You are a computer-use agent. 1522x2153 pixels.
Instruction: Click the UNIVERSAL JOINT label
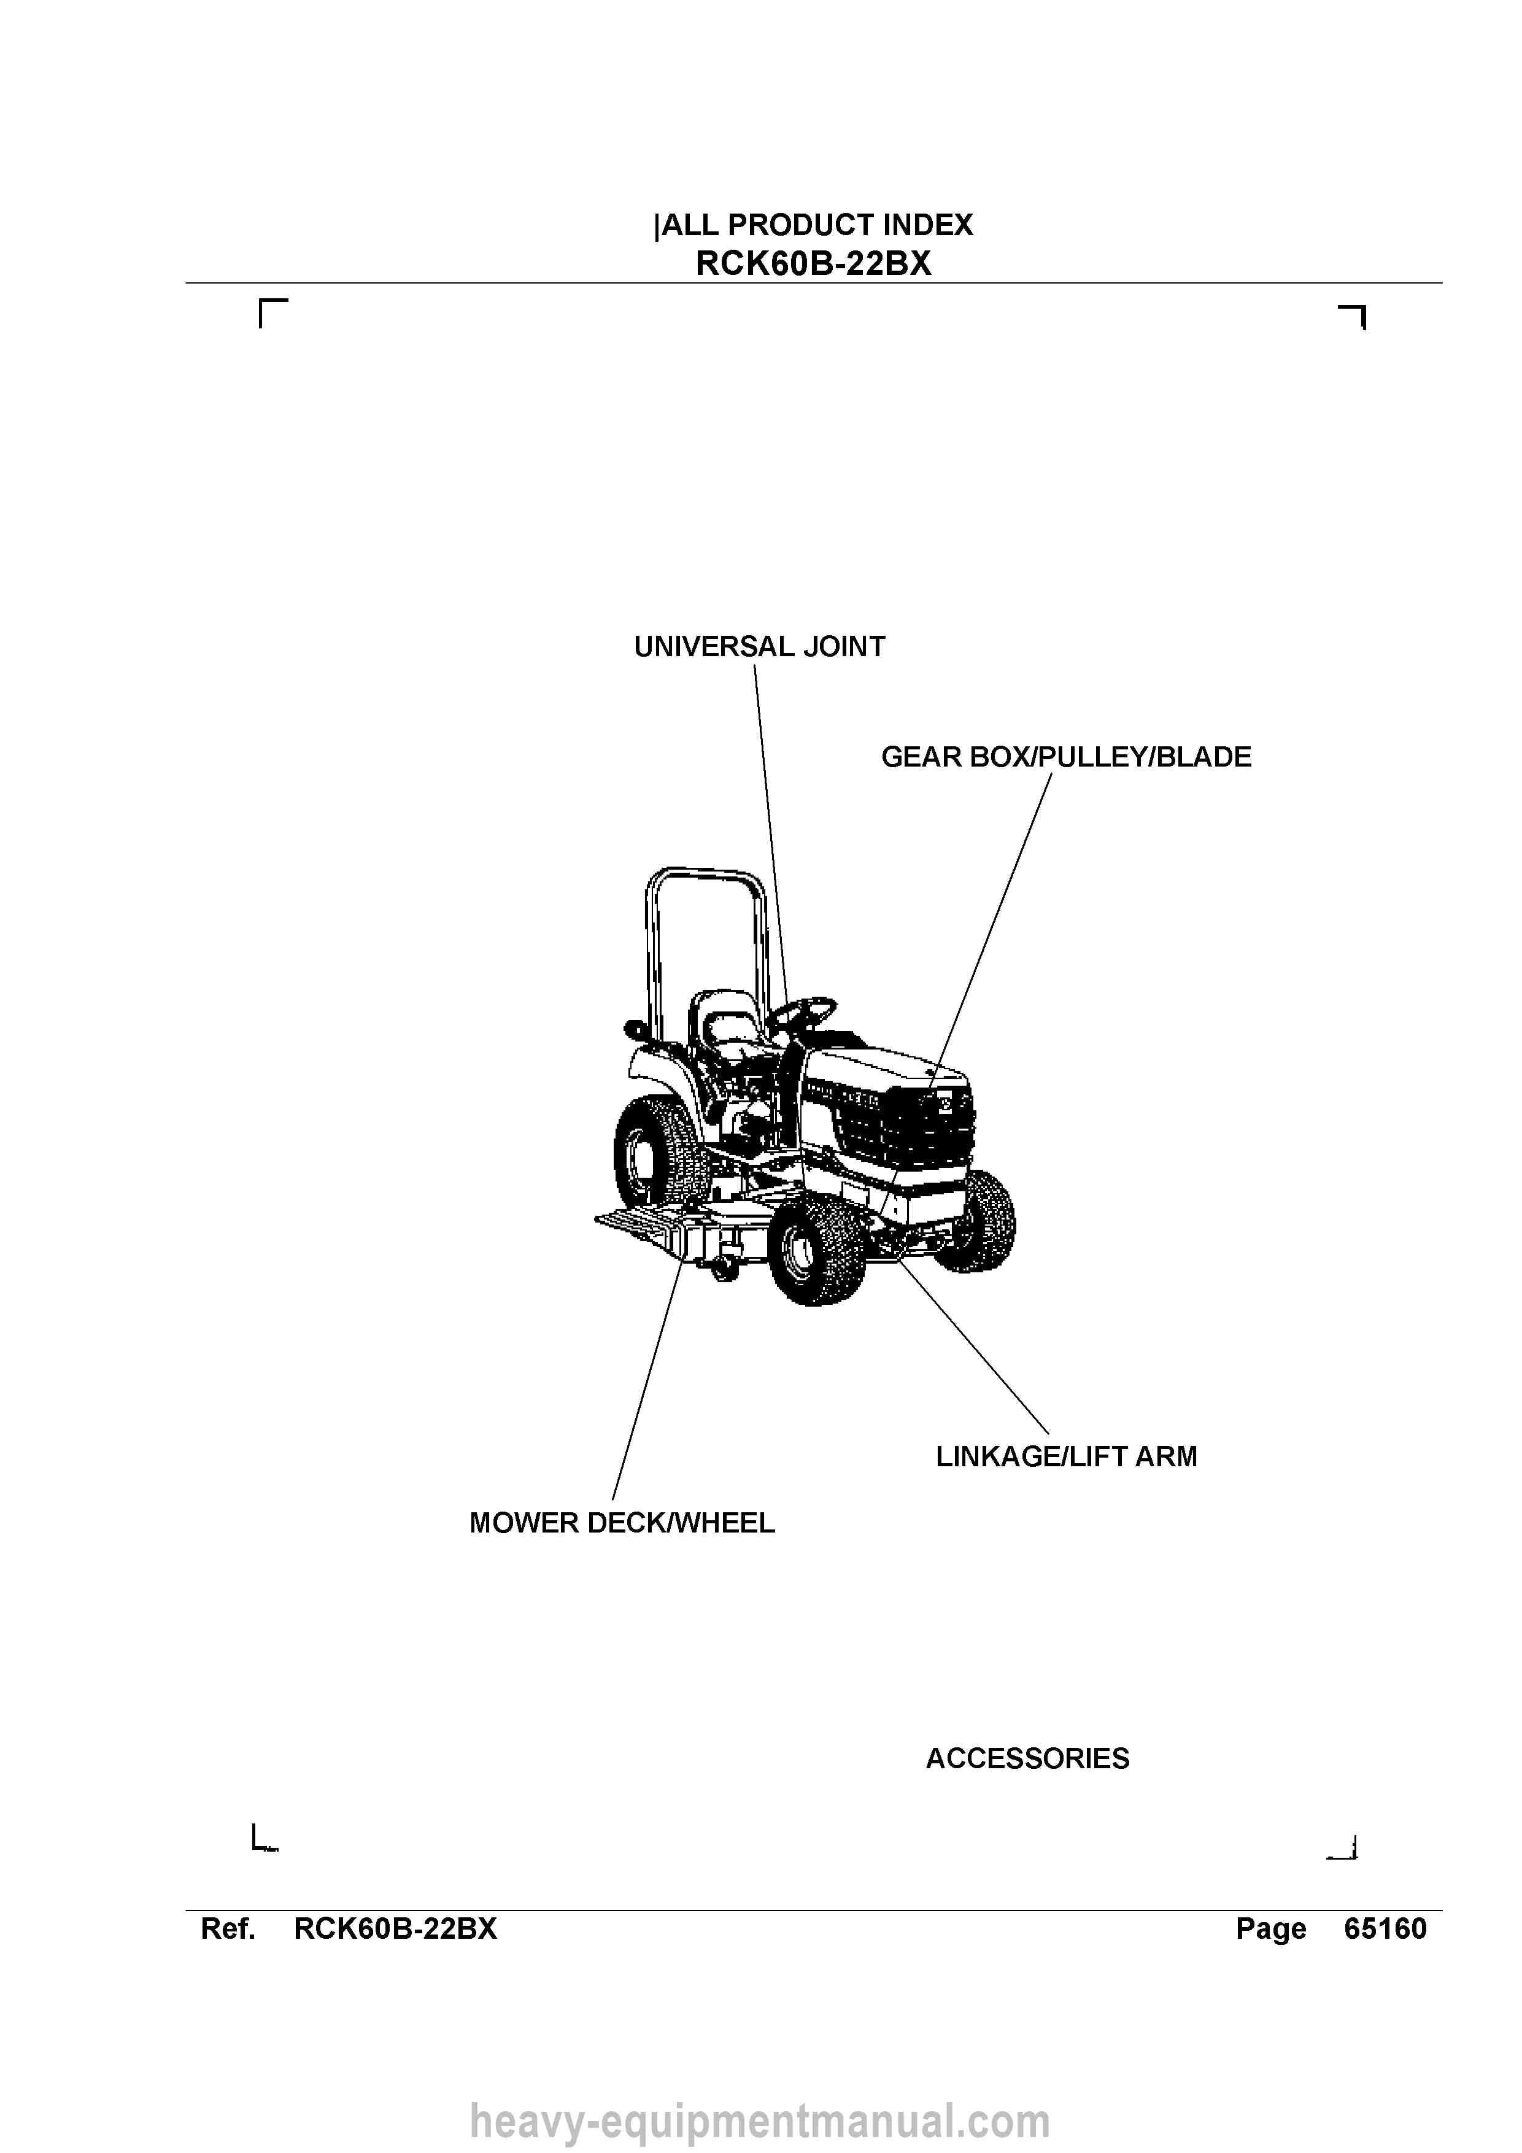[x=760, y=647]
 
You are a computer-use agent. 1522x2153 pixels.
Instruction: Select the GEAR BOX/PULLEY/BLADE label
[x=1066, y=758]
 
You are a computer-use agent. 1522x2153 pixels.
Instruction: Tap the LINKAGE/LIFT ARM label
[x=1066, y=1456]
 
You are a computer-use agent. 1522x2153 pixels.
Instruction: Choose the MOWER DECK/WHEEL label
[x=622, y=1523]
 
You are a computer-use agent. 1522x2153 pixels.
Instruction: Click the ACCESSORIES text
[x=1028, y=1758]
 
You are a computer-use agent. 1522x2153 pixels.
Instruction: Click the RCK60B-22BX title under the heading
[x=814, y=263]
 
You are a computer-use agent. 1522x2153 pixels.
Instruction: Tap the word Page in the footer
[x=1270, y=1930]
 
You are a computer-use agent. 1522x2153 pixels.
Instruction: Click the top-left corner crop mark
[x=260, y=301]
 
